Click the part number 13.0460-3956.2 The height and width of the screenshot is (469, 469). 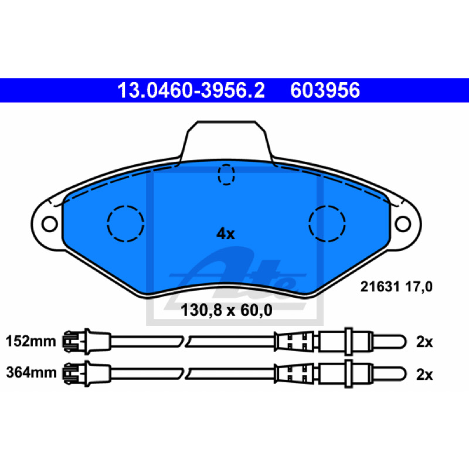(x=191, y=90)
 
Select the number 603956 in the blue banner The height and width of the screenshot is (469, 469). (x=325, y=90)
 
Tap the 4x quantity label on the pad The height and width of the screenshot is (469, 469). (x=226, y=233)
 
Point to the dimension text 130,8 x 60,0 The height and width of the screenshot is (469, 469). (x=226, y=310)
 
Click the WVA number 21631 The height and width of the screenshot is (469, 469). (x=380, y=287)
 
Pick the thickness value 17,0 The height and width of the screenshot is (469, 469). (x=419, y=287)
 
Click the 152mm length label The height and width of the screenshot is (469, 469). (x=31, y=341)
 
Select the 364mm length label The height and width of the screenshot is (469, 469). (x=31, y=373)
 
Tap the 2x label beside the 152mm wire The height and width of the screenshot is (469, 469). (x=424, y=342)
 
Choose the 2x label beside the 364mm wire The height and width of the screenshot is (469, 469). (x=424, y=375)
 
